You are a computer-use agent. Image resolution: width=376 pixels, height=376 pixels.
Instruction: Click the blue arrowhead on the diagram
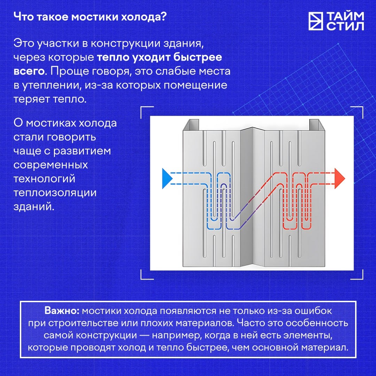(x=167, y=179)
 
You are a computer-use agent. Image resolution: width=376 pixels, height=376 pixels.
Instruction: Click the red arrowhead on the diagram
(x=339, y=178)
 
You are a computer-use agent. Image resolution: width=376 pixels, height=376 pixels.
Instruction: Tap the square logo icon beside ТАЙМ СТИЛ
(x=315, y=21)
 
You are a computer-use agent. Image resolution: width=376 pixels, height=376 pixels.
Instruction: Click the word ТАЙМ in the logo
(x=345, y=16)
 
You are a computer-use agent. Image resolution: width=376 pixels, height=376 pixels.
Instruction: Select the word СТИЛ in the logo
(x=345, y=26)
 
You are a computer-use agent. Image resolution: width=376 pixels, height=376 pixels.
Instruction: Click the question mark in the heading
(x=164, y=17)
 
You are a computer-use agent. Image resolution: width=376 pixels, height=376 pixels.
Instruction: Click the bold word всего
(x=29, y=71)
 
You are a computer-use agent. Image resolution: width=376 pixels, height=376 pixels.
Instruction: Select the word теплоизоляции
(x=55, y=193)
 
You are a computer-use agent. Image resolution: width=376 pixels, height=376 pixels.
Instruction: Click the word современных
(x=50, y=165)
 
